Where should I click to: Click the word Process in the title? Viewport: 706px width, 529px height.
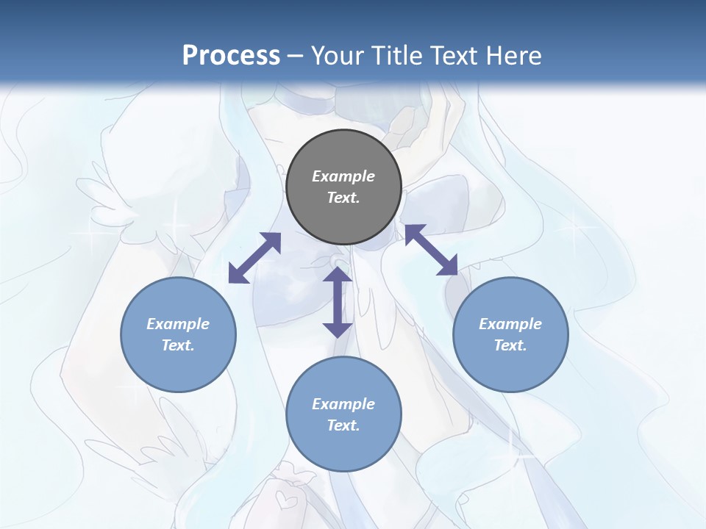(x=231, y=56)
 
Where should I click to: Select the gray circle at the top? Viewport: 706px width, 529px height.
(x=343, y=187)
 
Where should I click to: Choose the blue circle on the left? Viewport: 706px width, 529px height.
(x=178, y=334)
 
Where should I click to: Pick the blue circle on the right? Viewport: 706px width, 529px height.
(x=510, y=334)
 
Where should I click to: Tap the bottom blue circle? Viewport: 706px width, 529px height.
(x=343, y=414)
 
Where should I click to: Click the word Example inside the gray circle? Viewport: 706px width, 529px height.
(x=343, y=176)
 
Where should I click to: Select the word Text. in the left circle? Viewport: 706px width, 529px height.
(x=178, y=345)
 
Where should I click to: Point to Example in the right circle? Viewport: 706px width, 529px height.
(x=510, y=324)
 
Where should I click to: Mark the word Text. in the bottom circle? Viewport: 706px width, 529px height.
(x=343, y=425)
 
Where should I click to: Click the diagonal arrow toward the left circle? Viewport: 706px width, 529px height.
(x=254, y=258)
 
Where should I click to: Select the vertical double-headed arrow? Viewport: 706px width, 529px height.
(x=338, y=301)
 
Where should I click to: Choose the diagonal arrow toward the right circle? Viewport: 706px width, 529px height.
(x=431, y=250)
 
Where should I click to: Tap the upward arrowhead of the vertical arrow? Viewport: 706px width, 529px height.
(x=338, y=275)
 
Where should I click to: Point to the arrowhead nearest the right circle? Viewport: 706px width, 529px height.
(x=448, y=267)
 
